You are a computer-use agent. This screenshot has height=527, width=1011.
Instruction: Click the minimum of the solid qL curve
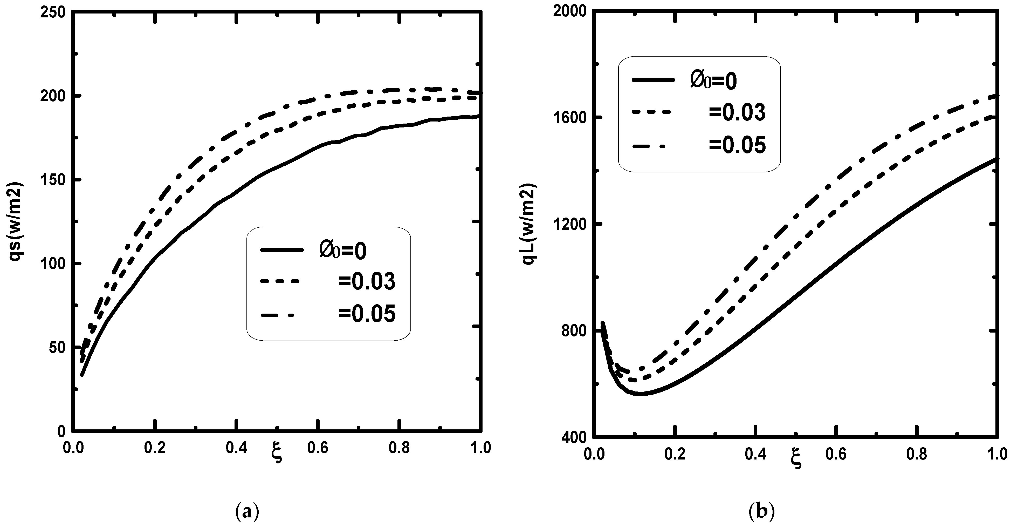(x=640, y=394)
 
